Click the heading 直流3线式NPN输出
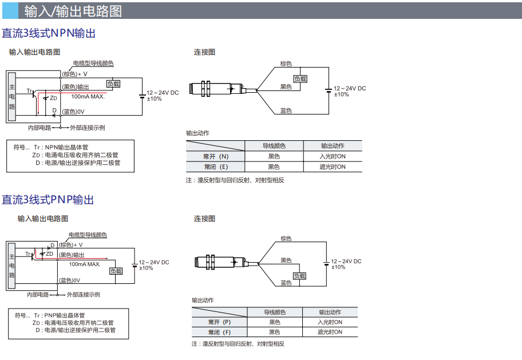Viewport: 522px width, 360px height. pos(49,34)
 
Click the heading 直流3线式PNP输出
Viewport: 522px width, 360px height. pos(48,200)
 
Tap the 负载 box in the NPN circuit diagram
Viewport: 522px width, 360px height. pos(113,84)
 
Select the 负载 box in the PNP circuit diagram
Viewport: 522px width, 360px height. pos(116,271)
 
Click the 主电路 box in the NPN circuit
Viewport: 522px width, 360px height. pos(11,96)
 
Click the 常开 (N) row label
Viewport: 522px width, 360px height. pos(215,156)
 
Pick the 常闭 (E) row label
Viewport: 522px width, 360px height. pos(215,167)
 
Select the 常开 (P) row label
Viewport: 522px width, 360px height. pos(219,322)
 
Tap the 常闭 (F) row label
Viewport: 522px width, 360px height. pos(219,332)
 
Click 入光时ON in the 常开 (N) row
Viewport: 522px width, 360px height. pos(333,156)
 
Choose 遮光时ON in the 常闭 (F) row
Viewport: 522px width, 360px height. pos(330,332)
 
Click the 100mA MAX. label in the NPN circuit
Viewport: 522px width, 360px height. pos(88,97)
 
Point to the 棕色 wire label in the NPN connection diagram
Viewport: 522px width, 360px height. pos(286,64)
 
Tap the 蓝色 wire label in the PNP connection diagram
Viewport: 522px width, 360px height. pos(286,283)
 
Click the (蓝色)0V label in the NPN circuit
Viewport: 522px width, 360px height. pos(73,112)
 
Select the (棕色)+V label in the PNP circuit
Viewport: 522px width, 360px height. pos(70,245)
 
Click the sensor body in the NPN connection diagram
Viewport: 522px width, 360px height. pos(217,89)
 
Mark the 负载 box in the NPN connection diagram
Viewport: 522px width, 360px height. pos(300,79)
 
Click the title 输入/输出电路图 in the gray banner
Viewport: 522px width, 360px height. pos(73,10)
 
